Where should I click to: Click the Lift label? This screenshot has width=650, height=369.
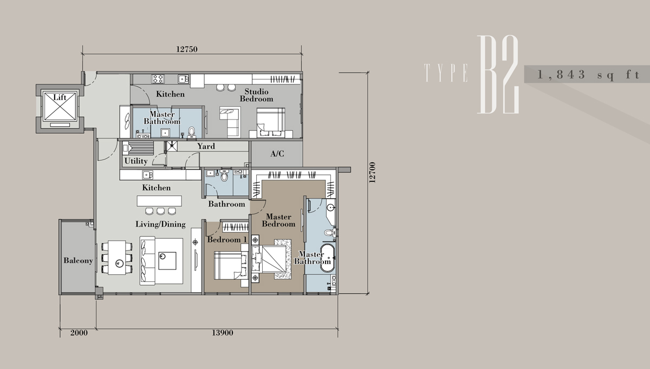60,97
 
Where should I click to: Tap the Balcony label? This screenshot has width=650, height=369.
78,261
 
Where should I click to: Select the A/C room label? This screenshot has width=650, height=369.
277,154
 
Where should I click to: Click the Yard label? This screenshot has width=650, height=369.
206,146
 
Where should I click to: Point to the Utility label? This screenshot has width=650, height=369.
136,161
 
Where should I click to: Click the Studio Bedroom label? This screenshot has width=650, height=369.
257,95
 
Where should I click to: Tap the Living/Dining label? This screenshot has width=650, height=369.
160,224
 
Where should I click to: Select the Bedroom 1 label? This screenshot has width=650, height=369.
227,240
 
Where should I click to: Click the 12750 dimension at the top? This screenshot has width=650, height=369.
187,49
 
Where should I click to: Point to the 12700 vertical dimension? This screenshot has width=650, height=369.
372,173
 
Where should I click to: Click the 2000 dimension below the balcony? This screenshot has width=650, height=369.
79,333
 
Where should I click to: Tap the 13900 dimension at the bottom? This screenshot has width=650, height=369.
222,333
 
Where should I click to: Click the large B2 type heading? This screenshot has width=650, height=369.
498,75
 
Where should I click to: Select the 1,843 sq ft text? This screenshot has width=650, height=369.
589,75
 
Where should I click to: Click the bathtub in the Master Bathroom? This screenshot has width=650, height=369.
328,258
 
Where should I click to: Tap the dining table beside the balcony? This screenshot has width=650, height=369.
117,258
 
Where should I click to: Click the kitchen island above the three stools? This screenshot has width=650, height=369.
159,201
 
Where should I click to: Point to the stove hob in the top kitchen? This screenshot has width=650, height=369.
158,78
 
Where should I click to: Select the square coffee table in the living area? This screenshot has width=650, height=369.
167,261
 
